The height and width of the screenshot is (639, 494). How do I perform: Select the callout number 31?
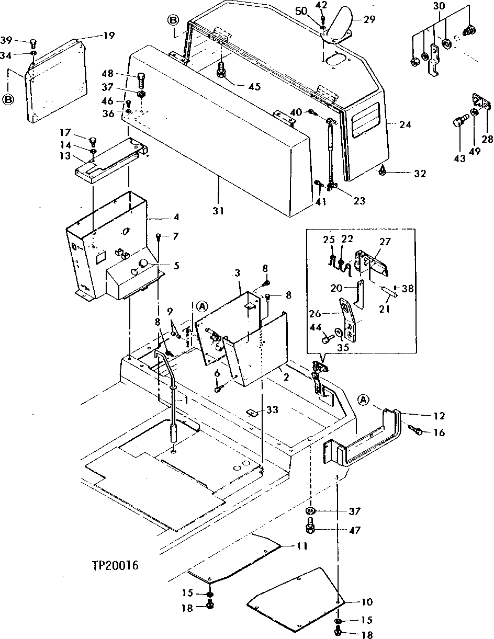coord(218,211)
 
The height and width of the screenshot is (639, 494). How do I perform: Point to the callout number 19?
coord(108,36)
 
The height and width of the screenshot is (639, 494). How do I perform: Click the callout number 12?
coord(439,416)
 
